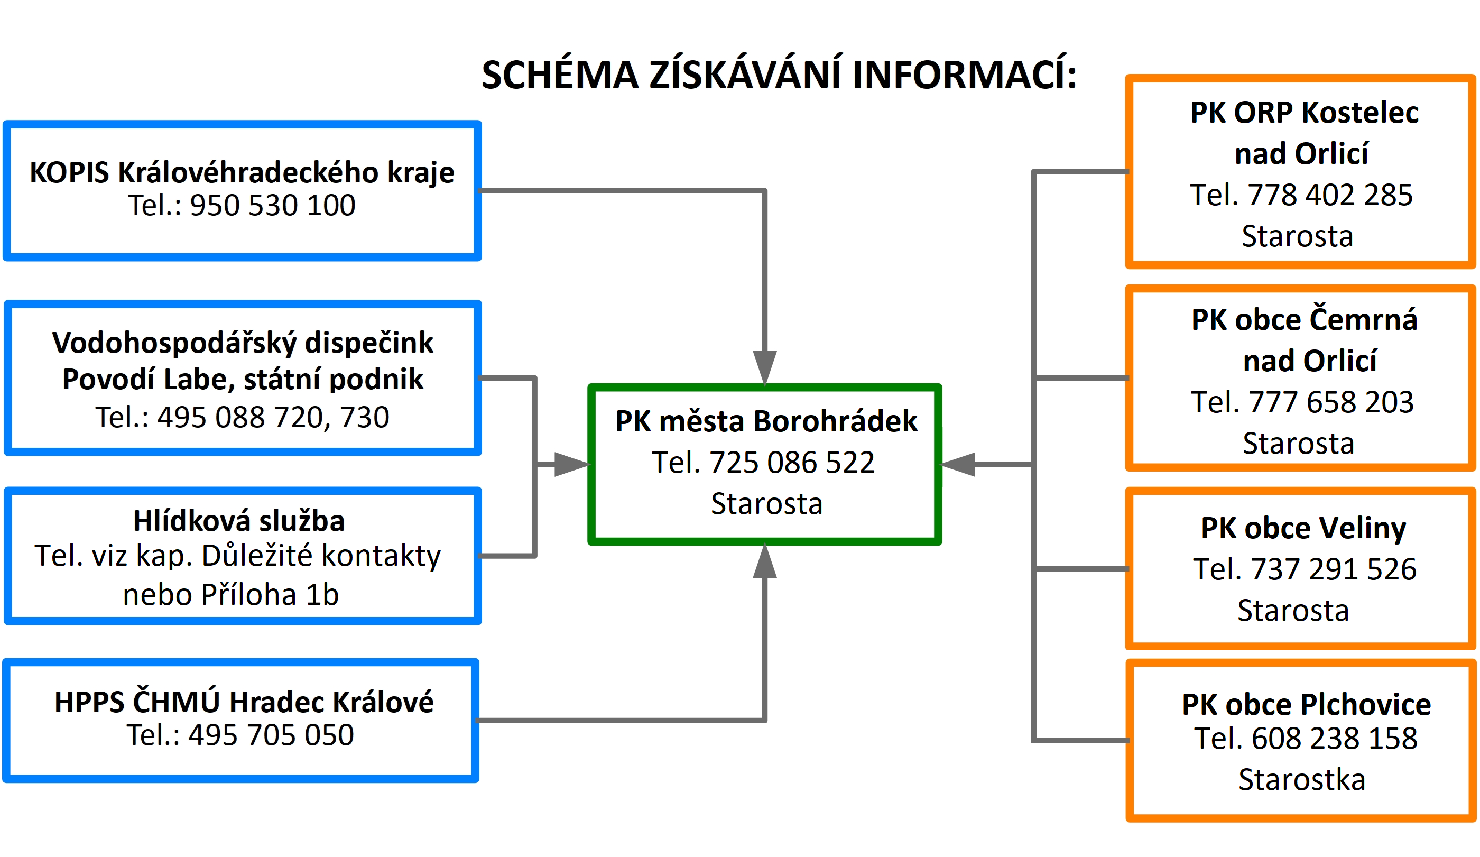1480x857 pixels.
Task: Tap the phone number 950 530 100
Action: pos(273,205)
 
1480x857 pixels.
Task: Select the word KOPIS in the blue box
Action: pos(69,173)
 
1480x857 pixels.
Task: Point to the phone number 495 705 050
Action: pos(271,735)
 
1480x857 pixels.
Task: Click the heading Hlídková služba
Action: pos(239,520)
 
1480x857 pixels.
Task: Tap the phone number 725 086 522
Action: pos(792,462)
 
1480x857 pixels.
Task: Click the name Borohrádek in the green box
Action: pos(835,421)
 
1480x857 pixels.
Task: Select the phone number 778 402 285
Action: pos(1330,195)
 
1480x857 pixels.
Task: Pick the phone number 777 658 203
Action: pos(1331,402)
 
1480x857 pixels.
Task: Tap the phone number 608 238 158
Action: pos(1334,738)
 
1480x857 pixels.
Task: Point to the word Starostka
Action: pos(1302,779)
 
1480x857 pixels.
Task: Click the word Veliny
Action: pos(1363,528)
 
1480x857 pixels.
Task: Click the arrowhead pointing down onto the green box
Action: pos(765,367)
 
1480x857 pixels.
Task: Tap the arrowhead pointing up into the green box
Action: pos(765,561)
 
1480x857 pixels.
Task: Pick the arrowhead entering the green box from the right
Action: pos(958,464)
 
